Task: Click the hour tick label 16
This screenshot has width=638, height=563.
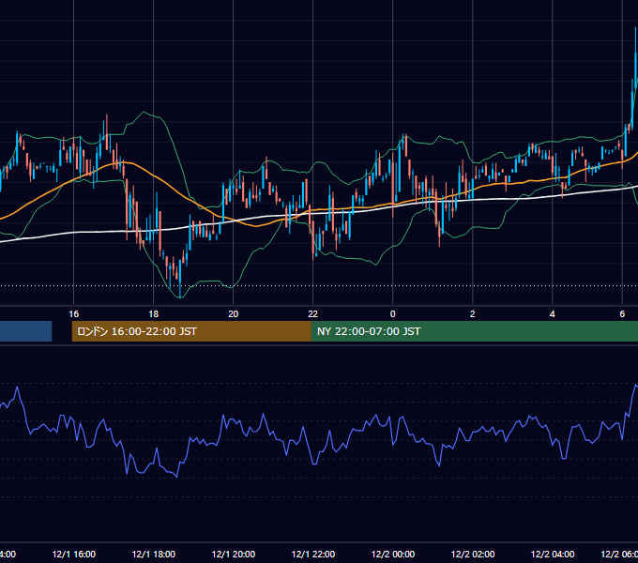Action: (x=73, y=314)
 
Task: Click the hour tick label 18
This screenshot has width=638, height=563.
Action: (x=153, y=314)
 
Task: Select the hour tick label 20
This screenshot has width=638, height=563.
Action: (x=233, y=314)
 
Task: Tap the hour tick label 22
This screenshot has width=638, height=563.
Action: (x=312, y=314)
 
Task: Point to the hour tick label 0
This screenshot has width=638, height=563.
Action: (x=392, y=314)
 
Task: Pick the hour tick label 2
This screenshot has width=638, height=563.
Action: (x=472, y=314)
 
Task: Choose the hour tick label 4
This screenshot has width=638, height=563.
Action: (x=552, y=314)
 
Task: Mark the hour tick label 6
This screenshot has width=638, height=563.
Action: (x=622, y=314)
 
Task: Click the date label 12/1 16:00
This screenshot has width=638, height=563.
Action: (x=73, y=554)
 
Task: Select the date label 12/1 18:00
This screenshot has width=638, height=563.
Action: (x=153, y=554)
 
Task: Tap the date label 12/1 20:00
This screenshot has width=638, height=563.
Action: (x=233, y=554)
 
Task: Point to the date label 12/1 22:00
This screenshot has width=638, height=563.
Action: (x=312, y=554)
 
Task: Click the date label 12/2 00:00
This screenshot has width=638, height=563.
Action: (x=392, y=554)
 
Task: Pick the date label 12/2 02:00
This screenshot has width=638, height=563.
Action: (x=472, y=554)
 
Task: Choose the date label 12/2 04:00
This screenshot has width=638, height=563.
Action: (x=552, y=554)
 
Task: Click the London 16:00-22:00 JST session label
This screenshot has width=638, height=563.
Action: (x=137, y=331)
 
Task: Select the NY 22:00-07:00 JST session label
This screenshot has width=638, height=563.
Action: (x=369, y=331)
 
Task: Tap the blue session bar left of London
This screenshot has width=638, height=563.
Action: (x=26, y=331)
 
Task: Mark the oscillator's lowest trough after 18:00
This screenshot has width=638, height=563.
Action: (x=177, y=477)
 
